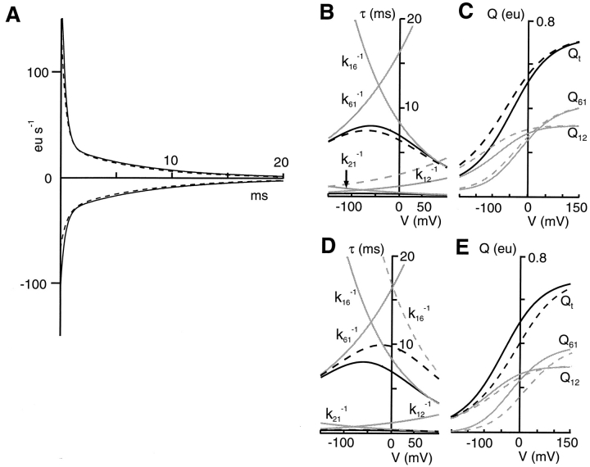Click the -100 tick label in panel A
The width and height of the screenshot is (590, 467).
38,283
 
